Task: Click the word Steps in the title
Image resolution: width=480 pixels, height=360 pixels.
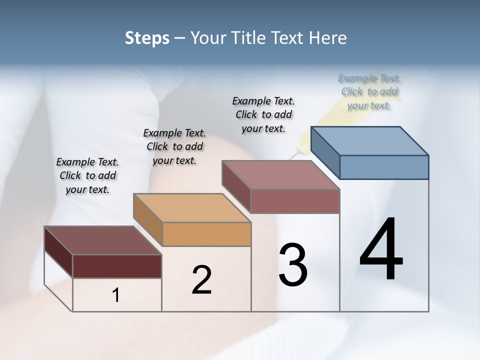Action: [x=147, y=38]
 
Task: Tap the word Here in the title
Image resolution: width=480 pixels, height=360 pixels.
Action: [x=328, y=38]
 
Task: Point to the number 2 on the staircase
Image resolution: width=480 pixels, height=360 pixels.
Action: [x=201, y=280]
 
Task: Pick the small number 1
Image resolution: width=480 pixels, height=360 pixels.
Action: [x=116, y=295]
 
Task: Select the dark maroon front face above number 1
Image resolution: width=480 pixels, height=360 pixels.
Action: [x=117, y=266]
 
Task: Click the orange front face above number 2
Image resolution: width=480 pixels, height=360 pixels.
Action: [x=206, y=234]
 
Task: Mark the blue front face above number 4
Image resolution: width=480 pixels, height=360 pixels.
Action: [x=384, y=167]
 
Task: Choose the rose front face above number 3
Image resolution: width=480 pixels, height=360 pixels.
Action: [x=295, y=201]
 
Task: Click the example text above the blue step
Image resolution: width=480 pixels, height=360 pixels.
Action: [x=369, y=91]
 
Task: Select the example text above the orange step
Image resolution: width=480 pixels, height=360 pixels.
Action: [x=174, y=146]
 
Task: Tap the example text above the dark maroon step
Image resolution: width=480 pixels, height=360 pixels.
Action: [x=87, y=175]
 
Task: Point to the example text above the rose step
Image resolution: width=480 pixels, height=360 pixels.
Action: [x=263, y=114]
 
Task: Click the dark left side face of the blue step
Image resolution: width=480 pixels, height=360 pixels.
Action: [x=325, y=152]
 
